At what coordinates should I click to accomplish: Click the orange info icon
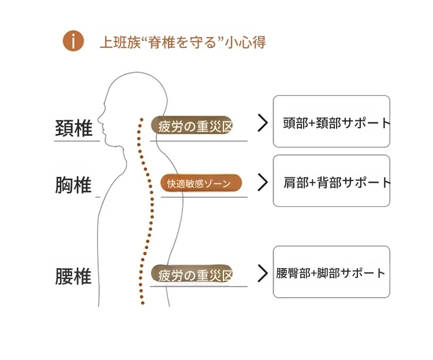coord(73,42)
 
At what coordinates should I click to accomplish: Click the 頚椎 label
coord(74,128)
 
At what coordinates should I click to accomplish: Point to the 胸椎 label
coord(74,185)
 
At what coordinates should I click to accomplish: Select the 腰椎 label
coord(74,276)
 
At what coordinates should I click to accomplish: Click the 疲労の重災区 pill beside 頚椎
coord(192,125)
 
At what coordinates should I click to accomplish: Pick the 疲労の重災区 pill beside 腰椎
coord(192,274)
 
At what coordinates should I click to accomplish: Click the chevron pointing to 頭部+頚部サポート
coord(263,123)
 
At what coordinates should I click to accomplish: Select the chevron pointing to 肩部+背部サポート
coord(263,182)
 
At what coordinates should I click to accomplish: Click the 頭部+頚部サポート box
coord(331,122)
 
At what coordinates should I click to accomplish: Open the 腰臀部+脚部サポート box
coord(331,272)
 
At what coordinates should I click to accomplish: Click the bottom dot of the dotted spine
coord(141,302)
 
